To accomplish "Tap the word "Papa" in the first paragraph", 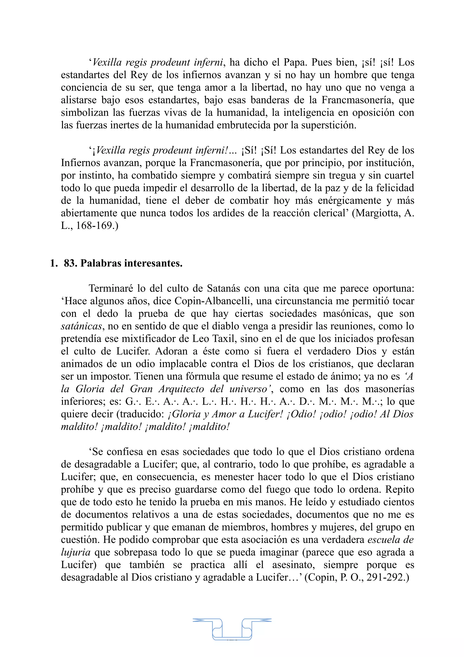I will click(295, 62).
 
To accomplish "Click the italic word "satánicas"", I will click(82, 326).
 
